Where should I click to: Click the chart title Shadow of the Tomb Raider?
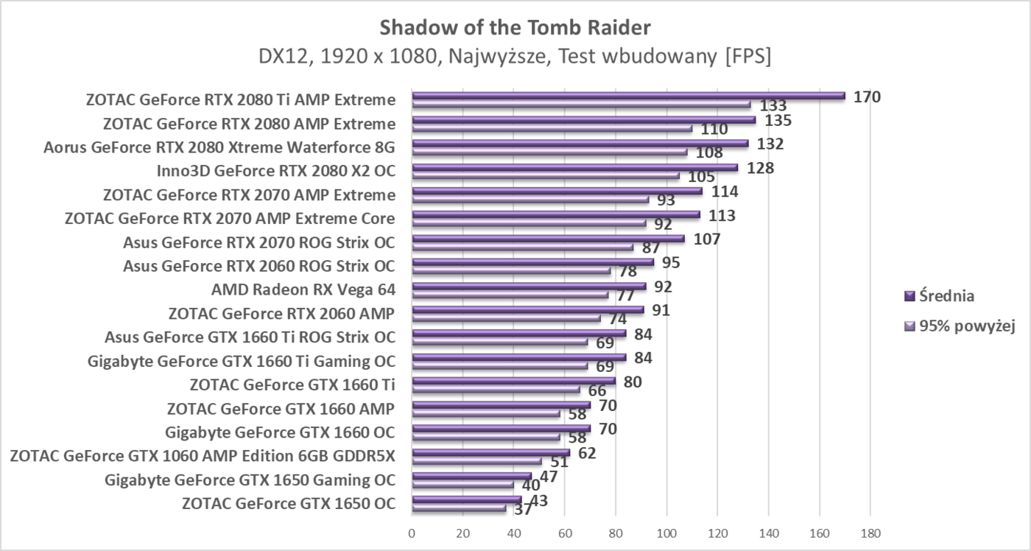pos(515,28)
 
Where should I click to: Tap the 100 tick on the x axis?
pos(666,533)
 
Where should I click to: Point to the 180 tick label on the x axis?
pos(870,533)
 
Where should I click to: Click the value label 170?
pos(867,96)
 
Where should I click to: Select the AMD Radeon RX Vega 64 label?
pos(303,289)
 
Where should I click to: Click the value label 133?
pos(773,106)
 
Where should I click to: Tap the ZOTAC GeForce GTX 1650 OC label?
pos(288,504)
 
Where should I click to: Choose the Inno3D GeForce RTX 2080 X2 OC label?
pos(275,171)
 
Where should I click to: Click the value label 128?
pos(760,168)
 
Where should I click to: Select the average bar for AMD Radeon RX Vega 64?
pos(529,286)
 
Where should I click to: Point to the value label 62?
pos(587,453)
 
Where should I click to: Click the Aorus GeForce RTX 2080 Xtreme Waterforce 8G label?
pos(219,147)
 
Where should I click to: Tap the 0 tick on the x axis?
pos(412,533)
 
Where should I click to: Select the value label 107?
pos(706,239)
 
